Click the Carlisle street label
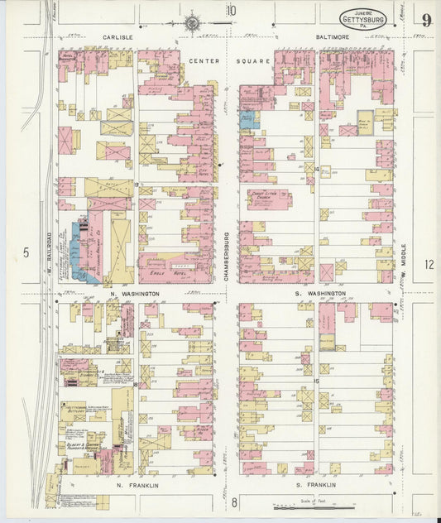coord(118,37)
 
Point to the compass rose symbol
coord(193,24)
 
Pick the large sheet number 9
coord(424,20)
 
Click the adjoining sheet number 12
coord(428,265)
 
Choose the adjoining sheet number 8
coord(234,502)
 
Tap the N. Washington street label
coord(133,294)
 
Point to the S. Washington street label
coord(319,294)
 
